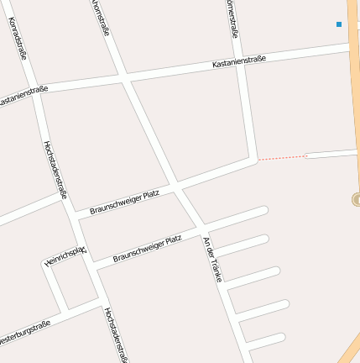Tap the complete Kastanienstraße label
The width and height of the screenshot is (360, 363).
(x=239, y=60)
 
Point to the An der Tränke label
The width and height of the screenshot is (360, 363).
(x=212, y=259)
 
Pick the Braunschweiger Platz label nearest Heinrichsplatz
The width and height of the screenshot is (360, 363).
(x=147, y=249)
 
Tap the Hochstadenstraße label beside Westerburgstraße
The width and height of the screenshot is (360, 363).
(x=116, y=334)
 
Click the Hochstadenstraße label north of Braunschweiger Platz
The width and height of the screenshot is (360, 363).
(x=55, y=168)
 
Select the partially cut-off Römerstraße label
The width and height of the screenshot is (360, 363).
(x=232, y=18)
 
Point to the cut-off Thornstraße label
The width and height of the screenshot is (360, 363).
(x=101, y=17)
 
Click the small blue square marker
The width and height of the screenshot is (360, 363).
(x=339, y=24)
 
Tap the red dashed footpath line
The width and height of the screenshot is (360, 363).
(x=281, y=157)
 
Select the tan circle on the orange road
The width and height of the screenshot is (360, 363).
(x=356, y=199)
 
